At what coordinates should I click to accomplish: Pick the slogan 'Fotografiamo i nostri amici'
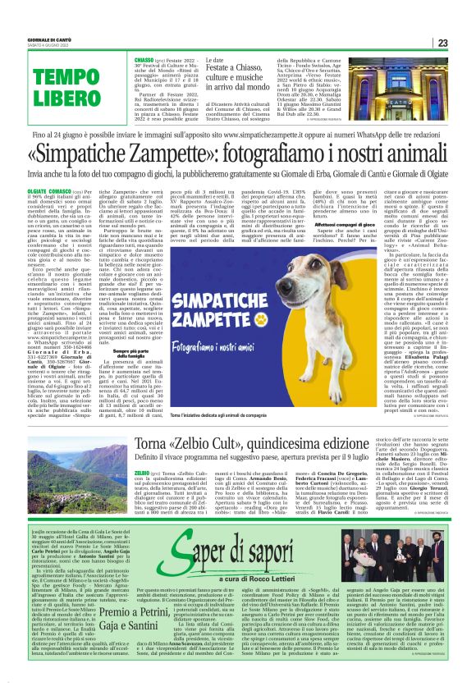211,308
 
